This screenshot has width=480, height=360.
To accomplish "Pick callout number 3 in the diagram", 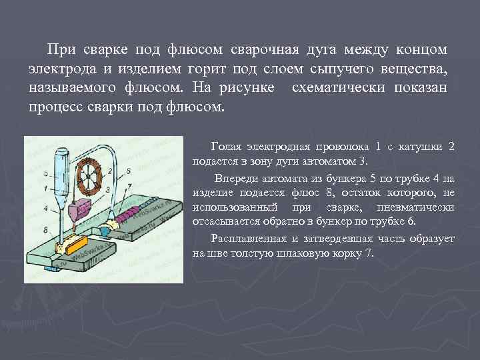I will (108, 189).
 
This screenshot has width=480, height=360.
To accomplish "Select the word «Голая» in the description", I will (228, 146).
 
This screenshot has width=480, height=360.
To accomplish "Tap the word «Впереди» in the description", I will (235, 179).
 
